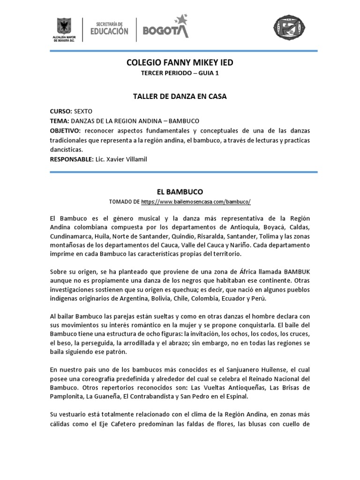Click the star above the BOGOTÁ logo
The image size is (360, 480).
(180, 19)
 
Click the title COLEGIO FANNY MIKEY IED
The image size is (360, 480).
(180, 62)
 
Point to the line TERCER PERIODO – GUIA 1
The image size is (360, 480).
(180, 73)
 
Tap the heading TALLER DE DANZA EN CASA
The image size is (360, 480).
(180, 96)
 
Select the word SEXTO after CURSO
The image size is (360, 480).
(83, 112)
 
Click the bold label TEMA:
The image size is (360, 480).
(60, 121)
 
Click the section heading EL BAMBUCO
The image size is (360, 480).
(180, 192)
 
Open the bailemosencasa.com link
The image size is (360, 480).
(195, 202)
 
